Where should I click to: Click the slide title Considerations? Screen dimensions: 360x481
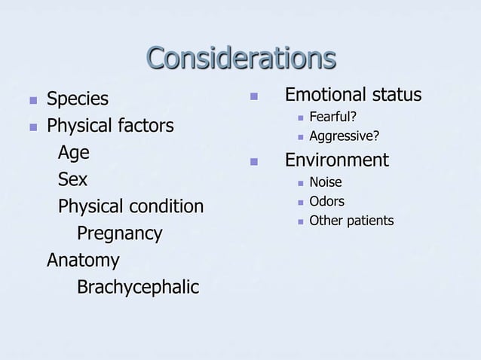240,59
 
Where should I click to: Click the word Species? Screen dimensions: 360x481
78,99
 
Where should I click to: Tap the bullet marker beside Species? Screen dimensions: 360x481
32,99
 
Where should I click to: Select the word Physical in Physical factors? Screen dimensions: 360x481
79,126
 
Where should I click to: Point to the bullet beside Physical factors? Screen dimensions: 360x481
32,126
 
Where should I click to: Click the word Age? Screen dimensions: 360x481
74,153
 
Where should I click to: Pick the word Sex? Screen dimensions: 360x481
72,180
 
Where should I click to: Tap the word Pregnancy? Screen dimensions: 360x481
119,233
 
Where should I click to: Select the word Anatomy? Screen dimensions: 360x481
83,261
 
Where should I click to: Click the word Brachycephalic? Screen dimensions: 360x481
138,288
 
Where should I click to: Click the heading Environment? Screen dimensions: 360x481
336,160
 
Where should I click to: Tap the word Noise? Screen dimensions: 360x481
326,182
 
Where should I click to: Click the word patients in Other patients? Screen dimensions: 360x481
370,221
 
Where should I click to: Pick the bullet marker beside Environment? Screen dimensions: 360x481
254,161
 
